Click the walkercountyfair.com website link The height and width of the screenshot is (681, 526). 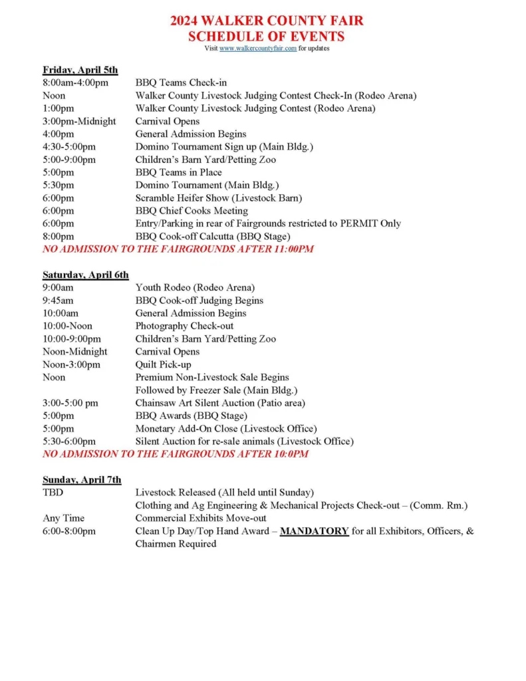(257, 49)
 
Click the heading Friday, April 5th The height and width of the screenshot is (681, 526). (80, 70)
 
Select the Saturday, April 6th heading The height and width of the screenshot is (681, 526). (86, 275)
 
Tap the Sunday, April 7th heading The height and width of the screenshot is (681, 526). (82, 479)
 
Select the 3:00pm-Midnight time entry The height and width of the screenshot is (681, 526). (79, 122)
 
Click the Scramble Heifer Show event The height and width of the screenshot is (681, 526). (219, 198)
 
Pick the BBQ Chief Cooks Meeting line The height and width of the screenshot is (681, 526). (192, 211)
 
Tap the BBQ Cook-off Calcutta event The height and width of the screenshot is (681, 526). (213, 236)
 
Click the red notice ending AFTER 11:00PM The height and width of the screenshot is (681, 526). (178, 249)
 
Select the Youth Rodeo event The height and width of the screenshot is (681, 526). (195, 288)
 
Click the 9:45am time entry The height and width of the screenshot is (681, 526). (59, 301)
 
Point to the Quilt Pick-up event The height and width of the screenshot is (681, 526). (163, 364)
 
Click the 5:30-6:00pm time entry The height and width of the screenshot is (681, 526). (69, 442)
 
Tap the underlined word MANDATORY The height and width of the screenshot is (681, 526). (314, 531)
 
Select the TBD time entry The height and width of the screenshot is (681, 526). (53, 493)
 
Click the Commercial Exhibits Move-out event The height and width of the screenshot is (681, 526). (201, 518)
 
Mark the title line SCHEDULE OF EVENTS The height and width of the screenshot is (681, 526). (267, 36)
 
